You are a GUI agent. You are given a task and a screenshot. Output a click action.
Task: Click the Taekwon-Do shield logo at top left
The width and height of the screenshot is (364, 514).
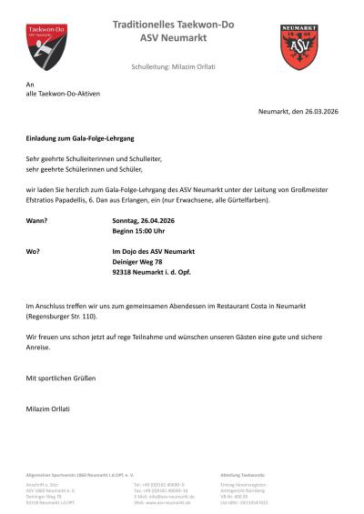45,46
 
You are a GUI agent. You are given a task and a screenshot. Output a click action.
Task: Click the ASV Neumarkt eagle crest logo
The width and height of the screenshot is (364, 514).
298,47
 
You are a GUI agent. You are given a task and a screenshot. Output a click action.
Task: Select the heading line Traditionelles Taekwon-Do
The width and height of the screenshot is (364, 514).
172,24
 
